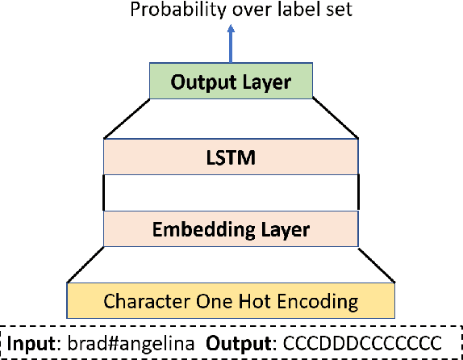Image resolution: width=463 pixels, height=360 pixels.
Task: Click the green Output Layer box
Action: coord(231,82)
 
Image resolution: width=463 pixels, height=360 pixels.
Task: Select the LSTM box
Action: coord(231,157)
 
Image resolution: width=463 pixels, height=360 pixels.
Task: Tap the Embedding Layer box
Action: coord(231,229)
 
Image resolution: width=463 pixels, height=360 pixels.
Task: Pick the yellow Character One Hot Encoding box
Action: coord(231,302)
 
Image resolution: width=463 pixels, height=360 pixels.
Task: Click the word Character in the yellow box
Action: coord(144,302)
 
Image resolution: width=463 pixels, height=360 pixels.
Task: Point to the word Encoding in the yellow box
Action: coord(322,302)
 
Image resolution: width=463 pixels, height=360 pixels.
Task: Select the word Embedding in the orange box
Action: coord(188,229)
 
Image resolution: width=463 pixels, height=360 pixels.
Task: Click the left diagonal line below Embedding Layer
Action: coord(86,265)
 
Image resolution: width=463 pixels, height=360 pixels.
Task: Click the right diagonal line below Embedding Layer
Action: coord(376,265)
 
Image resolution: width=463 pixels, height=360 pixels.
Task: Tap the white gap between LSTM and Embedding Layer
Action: coord(231,193)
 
